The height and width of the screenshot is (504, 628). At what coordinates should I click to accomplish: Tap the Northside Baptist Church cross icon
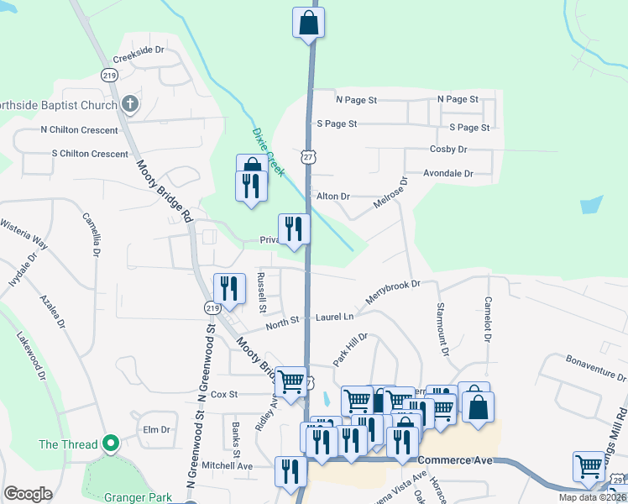coord(129,104)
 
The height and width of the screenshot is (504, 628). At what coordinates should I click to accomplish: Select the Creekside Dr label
coord(138,50)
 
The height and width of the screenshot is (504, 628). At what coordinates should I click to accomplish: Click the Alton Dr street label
coord(332,196)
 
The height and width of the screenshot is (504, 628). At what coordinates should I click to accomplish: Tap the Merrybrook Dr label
coord(392,293)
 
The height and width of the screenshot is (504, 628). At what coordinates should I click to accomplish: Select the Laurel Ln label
coord(335,317)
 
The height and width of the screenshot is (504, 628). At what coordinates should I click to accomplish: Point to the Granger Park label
coord(138,496)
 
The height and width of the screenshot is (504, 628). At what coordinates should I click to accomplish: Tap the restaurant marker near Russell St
coord(229,289)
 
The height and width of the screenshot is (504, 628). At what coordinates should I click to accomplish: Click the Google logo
coord(28,494)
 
